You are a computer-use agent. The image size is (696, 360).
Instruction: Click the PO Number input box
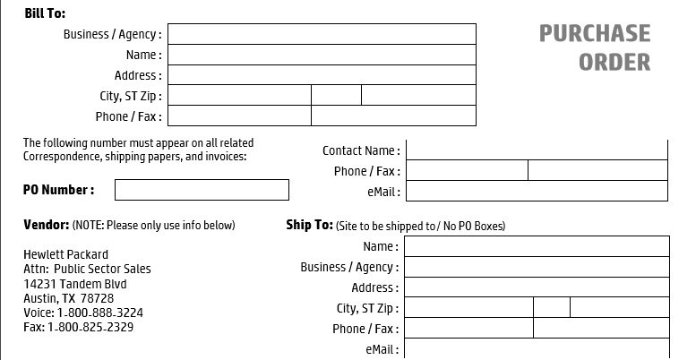pos(202,190)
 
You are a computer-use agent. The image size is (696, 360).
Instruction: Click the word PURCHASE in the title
pos(595,34)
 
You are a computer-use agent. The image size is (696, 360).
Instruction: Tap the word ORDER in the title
pos(614,62)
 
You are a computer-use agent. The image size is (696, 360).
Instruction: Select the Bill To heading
pos(45,13)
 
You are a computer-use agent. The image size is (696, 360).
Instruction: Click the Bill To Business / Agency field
pos(322,34)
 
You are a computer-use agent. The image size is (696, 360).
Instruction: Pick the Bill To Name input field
pos(322,55)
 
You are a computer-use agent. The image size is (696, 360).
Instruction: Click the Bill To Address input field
pos(322,75)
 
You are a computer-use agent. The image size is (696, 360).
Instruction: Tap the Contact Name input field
pos(537,150)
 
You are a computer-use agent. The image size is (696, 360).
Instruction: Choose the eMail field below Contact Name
pos(537,191)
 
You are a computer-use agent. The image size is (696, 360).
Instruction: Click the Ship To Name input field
pos(537,246)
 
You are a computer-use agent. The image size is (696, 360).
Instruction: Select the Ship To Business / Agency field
pos(537,267)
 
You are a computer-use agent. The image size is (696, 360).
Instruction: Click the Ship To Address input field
pos(537,287)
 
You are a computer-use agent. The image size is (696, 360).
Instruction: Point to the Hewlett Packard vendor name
pos(65,254)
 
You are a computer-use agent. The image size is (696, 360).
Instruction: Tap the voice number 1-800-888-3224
pos(99,313)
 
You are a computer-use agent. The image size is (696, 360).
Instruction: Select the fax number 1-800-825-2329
pos(90,327)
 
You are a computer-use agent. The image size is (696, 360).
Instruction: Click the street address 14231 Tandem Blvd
pos(75,284)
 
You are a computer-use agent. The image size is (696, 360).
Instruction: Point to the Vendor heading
pos(47,225)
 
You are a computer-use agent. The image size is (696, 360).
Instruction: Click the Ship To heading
pos(309,225)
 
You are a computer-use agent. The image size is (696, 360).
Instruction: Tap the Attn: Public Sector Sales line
pos(87,269)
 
